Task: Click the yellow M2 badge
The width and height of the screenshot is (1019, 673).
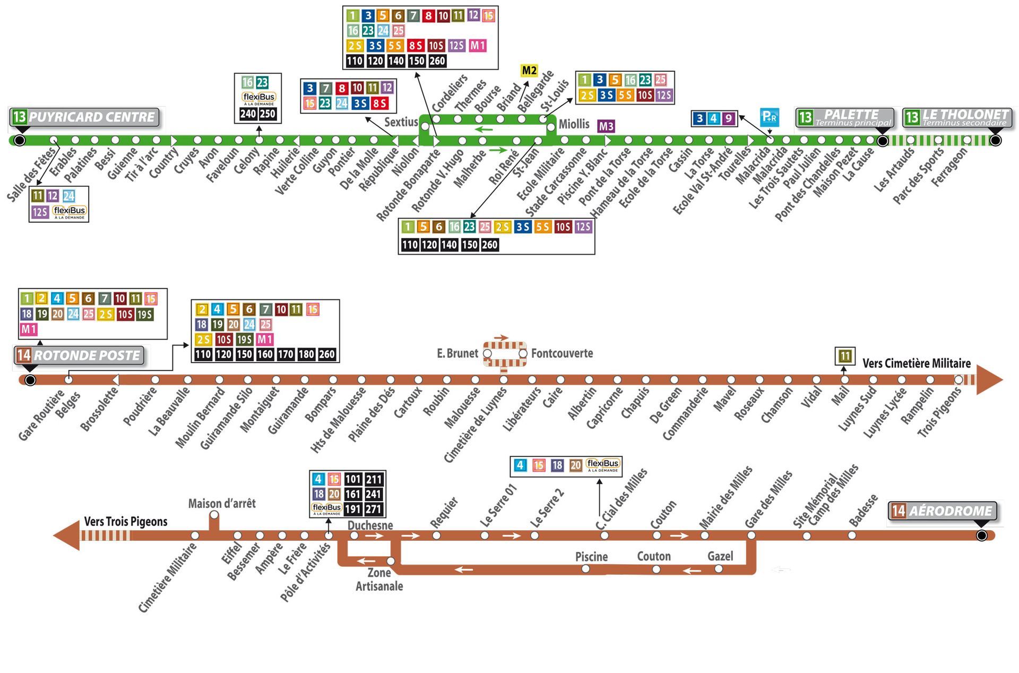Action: click(529, 71)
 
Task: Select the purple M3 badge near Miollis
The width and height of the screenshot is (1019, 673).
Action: click(606, 126)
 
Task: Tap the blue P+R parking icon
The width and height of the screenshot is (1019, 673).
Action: click(770, 117)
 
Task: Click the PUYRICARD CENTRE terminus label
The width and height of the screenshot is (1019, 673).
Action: click(85, 117)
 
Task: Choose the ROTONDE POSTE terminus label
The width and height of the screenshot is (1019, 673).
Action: click(80, 356)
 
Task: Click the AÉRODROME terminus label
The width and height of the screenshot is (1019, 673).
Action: click(943, 511)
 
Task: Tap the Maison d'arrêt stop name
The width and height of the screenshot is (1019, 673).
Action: click(222, 503)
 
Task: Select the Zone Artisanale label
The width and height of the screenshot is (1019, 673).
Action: click(379, 580)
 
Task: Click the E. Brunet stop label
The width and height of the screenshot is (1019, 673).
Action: click(457, 353)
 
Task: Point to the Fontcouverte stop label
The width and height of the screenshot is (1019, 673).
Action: click(562, 353)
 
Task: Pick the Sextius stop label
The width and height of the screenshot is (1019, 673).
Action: click(401, 122)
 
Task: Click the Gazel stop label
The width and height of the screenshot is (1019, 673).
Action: click(720, 556)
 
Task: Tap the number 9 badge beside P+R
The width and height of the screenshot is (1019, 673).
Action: click(729, 118)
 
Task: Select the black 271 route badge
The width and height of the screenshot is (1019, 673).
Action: click(374, 509)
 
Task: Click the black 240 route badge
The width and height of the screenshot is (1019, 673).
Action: click(248, 114)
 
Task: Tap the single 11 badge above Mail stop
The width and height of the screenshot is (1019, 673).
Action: click(844, 356)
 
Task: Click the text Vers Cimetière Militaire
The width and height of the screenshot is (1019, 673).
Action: click(916, 364)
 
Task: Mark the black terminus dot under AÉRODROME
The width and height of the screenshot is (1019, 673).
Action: click(981, 536)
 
